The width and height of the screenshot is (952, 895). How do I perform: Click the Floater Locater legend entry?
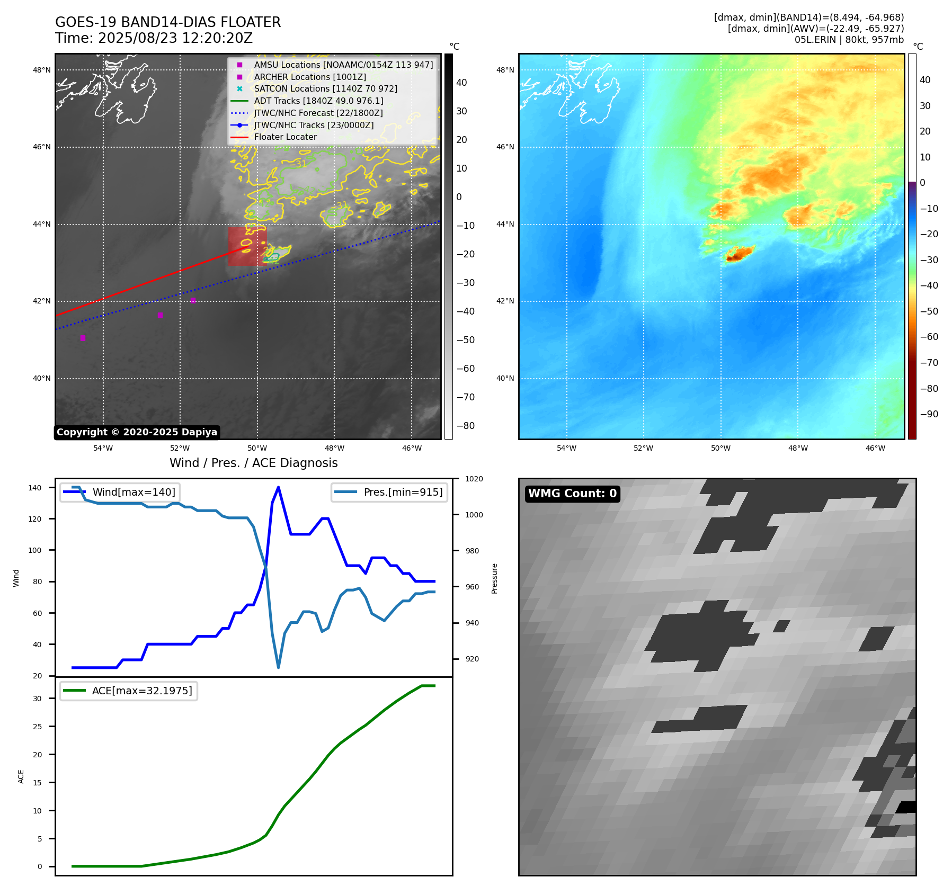click(x=285, y=137)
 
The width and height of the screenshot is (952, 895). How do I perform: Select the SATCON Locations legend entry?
click(x=325, y=88)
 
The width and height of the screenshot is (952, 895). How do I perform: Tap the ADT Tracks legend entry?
click(x=318, y=101)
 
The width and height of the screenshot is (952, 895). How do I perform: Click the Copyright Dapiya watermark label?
click(x=137, y=432)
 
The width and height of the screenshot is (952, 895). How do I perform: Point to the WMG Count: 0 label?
click(x=572, y=494)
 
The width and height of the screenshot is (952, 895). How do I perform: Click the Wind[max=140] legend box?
click(x=120, y=492)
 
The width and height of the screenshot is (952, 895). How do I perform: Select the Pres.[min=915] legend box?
click(x=389, y=492)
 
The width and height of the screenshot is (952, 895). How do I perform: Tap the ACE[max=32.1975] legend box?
click(x=129, y=691)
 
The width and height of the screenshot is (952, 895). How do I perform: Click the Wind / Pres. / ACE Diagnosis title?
click(x=253, y=463)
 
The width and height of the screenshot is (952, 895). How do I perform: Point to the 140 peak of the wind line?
click(x=278, y=487)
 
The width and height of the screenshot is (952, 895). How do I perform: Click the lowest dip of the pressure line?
click(x=278, y=667)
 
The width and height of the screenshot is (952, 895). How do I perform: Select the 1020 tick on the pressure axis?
click(x=474, y=479)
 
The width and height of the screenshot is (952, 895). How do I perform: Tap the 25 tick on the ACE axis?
click(x=37, y=727)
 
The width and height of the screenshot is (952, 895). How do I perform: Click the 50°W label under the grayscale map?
click(x=257, y=448)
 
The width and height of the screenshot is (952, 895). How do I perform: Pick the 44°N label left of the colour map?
click(x=505, y=224)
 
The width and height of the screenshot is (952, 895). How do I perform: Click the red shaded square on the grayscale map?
click(x=247, y=246)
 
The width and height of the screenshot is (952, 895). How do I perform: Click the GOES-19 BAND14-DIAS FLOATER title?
click(x=168, y=22)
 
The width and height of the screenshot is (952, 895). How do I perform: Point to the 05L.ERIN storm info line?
click(x=849, y=40)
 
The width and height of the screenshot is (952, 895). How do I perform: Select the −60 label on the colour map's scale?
click(x=929, y=337)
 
